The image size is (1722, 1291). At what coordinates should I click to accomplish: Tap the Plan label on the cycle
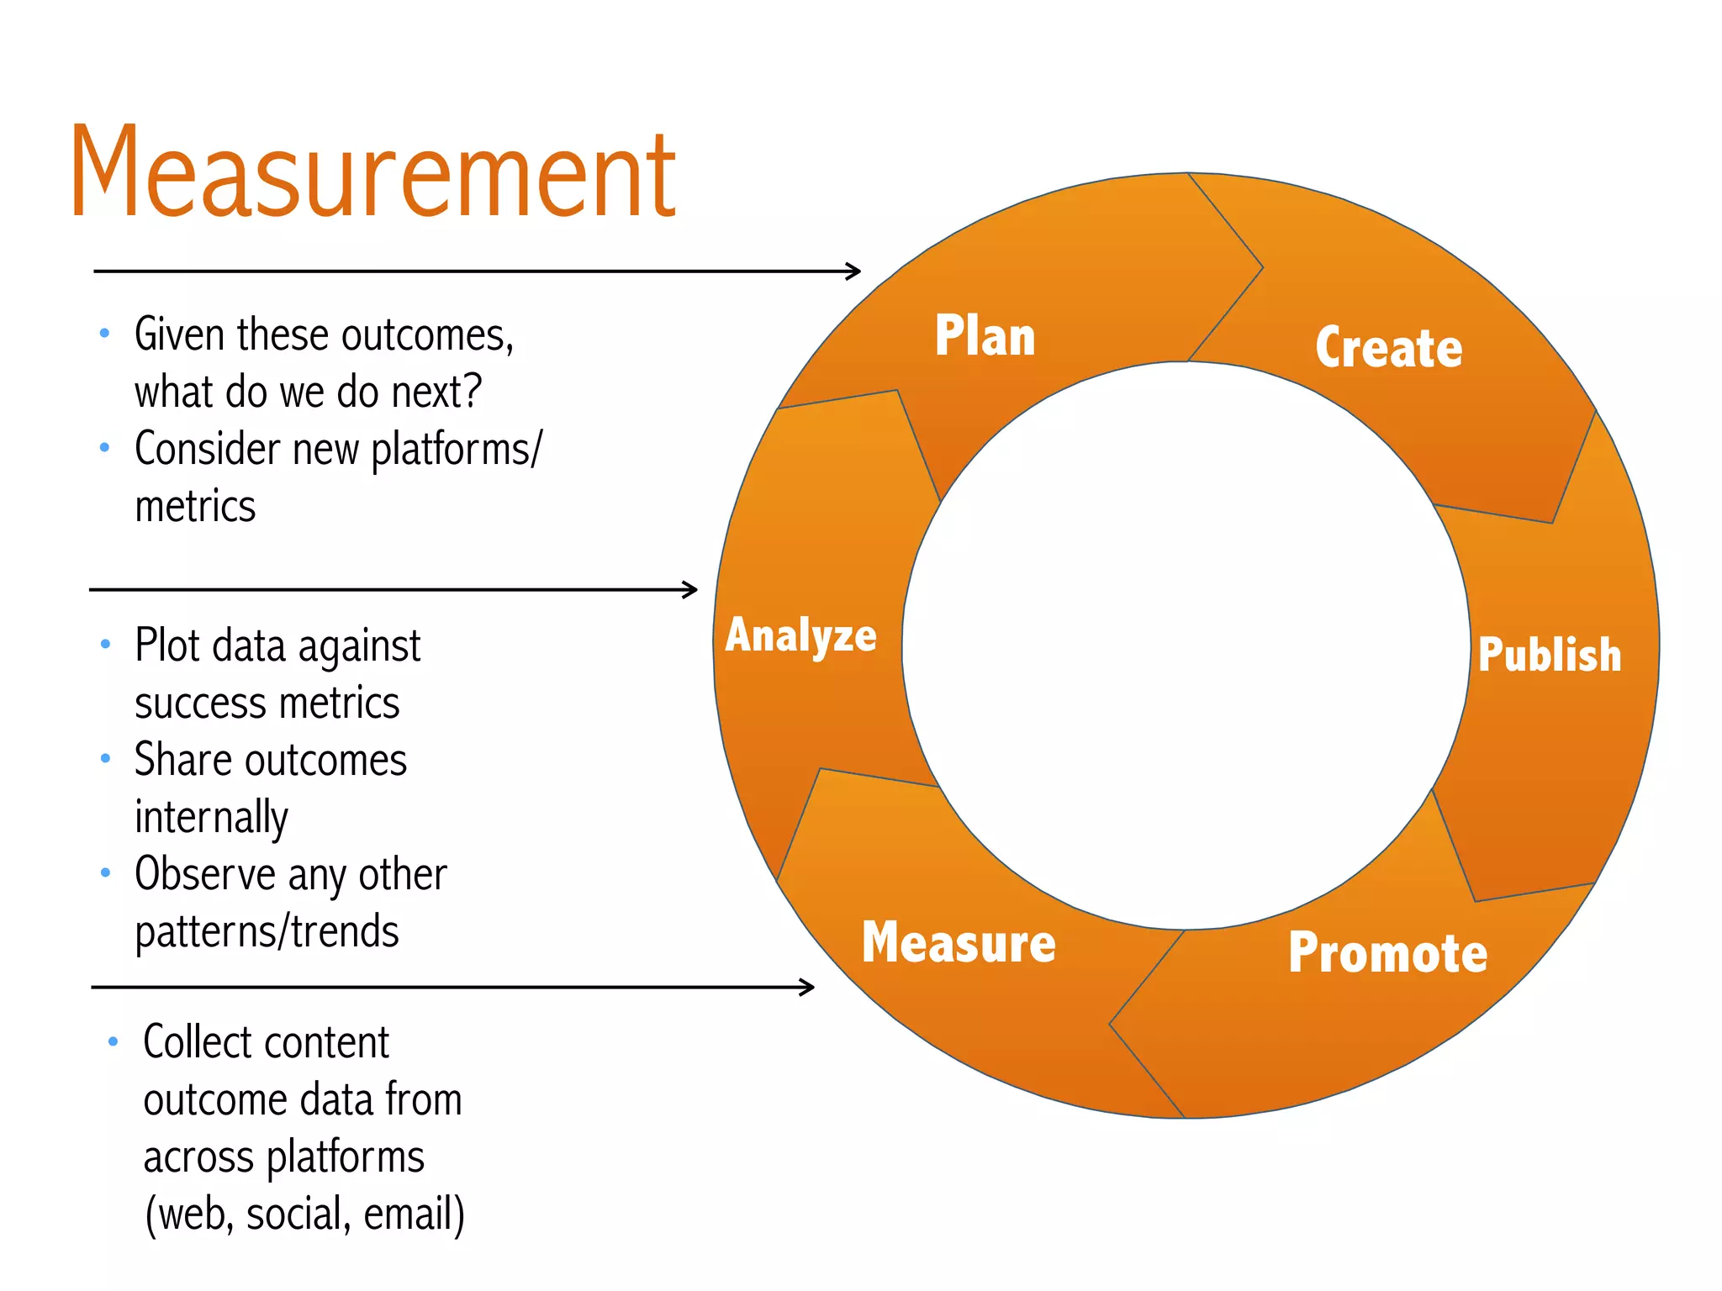point(985,336)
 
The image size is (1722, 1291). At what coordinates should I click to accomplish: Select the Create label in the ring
point(1388,348)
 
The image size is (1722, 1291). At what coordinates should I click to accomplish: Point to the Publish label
point(1549,655)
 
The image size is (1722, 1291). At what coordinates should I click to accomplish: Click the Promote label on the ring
point(1387,953)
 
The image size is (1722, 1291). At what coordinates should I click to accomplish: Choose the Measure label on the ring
point(959,943)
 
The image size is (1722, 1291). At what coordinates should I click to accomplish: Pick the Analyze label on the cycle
point(800,635)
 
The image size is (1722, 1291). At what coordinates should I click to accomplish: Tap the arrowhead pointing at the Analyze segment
point(691,589)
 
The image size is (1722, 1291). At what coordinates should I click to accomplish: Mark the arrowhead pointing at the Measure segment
point(808,987)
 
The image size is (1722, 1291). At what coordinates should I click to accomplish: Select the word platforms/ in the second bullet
point(457,450)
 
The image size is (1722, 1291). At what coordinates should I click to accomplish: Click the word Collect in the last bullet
point(182,1043)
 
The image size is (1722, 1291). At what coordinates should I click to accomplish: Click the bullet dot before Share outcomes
point(105,758)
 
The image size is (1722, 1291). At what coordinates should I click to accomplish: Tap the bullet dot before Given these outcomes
point(104,333)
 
